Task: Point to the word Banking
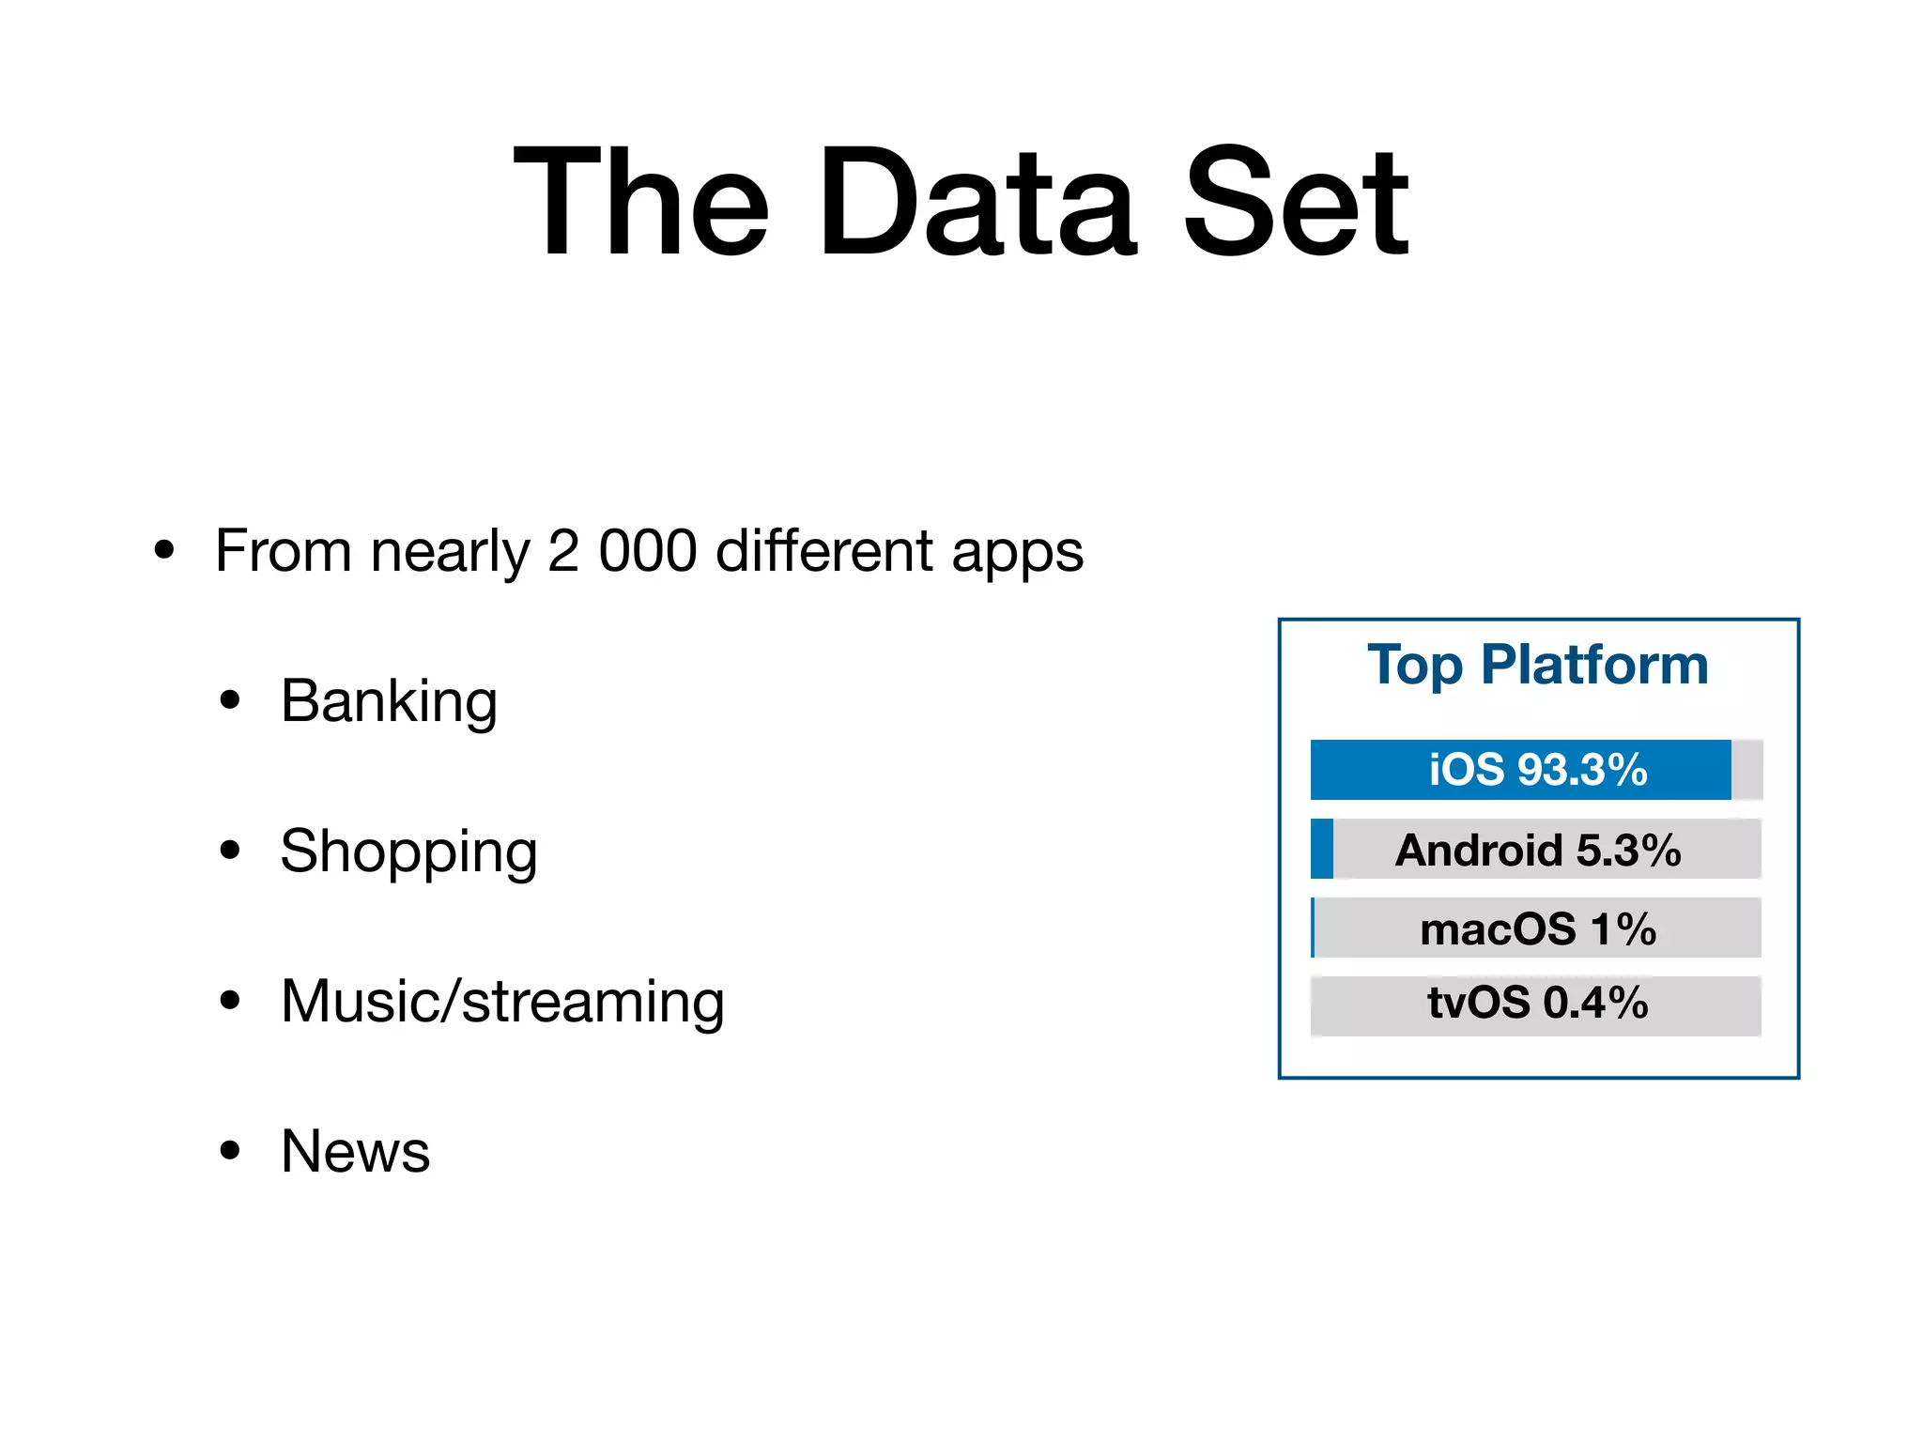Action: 389,702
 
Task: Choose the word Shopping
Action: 408,852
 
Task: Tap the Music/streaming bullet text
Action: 502,1002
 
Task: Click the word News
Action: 355,1151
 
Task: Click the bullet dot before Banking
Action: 230,700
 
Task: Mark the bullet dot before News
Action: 230,1150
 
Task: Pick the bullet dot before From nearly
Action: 164,550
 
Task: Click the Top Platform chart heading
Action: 1537,665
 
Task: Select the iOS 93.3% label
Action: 1537,770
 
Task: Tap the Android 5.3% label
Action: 1537,850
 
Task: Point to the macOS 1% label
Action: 1537,928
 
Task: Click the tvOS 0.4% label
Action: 1537,1003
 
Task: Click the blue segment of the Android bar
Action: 1322,849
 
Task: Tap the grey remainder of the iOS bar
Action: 1746,770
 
